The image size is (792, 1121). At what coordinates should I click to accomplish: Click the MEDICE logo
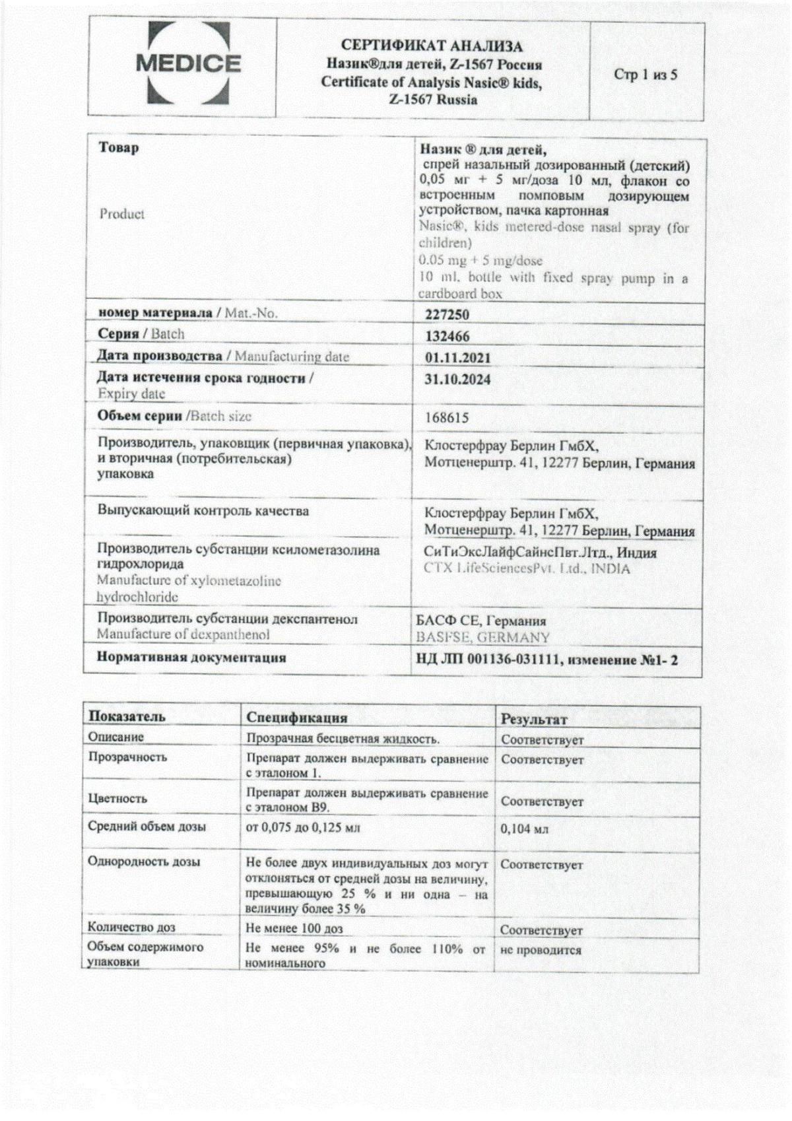point(187,64)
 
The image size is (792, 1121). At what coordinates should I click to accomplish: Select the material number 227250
point(447,316)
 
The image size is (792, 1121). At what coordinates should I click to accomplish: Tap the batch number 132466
point(447,337)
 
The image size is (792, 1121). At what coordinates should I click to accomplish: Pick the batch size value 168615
point(447,418)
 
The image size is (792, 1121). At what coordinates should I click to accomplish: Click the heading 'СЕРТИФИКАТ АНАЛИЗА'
point(432,46)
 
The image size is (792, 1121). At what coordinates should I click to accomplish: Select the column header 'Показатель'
point(127,716)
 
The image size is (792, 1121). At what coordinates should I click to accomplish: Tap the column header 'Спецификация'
point(297,718)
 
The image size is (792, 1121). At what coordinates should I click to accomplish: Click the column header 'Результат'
point(534,719)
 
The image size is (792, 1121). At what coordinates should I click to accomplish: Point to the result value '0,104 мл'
point(525,829)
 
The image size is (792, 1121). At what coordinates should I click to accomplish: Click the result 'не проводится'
point(541,950)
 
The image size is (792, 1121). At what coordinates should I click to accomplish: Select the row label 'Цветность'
point(117,798)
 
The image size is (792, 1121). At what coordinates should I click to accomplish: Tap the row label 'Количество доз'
point(131,928)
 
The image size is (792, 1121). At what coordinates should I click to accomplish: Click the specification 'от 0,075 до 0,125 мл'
point(303,827)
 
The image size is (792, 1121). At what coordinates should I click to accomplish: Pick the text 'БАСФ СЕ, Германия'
point(481,621)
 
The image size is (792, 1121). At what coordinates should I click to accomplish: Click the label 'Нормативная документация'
point(191,658)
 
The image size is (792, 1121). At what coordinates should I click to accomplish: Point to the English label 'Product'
point(122,214)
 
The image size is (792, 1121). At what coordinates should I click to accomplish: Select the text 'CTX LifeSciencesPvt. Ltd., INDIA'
point(527,568)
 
